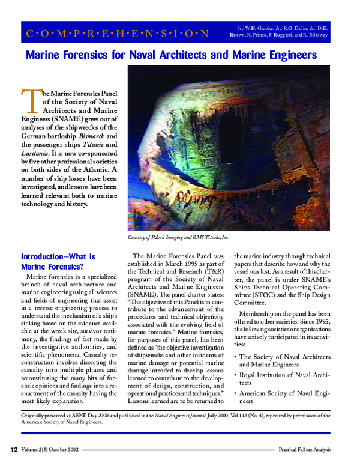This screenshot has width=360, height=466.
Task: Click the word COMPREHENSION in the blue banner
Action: tap(118, 33)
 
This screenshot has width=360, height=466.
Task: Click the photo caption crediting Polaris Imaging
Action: tap(179, 237)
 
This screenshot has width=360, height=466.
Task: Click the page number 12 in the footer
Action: tap(13, 449)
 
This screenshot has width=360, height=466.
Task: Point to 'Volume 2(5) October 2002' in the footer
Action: tap(49, 449)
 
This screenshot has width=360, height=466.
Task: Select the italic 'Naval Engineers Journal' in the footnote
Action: tap(171, 414)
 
